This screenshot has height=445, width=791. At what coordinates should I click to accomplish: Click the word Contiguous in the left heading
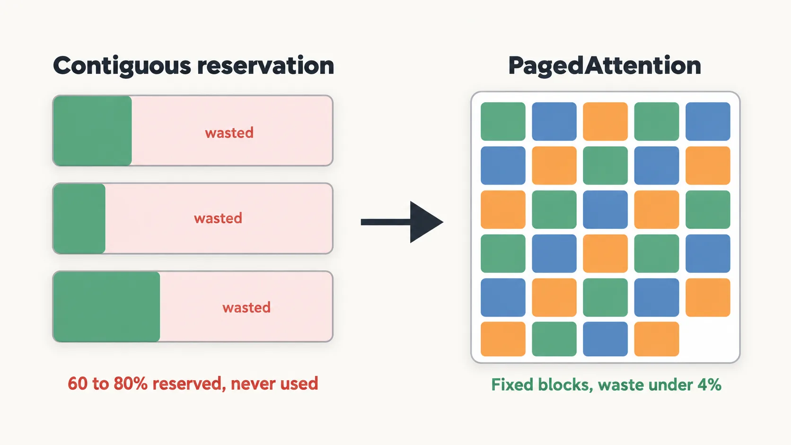point(122,66)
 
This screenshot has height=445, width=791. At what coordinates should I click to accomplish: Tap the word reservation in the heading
point(265,66)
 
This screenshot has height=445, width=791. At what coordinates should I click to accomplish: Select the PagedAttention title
point(605,66)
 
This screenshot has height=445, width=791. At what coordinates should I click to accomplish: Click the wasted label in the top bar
point(229,133)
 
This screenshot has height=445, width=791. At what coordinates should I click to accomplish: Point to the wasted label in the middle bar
point(218,218)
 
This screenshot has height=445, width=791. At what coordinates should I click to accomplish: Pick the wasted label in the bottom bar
point(246,307)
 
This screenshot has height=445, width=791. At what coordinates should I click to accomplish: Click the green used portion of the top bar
point(93,131)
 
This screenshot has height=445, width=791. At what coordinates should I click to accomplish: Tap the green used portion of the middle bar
point(79,218)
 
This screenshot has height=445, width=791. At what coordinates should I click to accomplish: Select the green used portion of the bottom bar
point(106,306)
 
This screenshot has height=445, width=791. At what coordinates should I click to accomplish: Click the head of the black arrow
point(426,222)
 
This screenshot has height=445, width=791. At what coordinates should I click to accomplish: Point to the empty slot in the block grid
point(708,339)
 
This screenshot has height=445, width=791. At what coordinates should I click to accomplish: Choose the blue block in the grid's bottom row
point(605,339)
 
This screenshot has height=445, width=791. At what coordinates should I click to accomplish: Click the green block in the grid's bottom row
point(554,339)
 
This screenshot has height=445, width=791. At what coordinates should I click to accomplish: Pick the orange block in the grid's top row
point(605,122)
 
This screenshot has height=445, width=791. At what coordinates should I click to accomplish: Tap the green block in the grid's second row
point(605,166)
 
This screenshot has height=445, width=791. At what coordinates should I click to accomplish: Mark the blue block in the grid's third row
point(605,209)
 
